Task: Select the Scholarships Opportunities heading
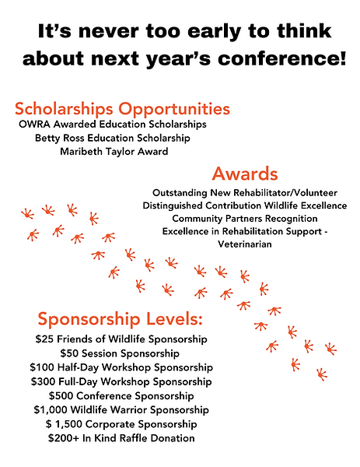(122, 107)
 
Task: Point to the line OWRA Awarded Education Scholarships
(113, 124)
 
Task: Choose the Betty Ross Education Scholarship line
(113, 138)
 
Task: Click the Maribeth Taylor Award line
(113, 152)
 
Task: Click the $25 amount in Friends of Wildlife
(44, 339)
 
